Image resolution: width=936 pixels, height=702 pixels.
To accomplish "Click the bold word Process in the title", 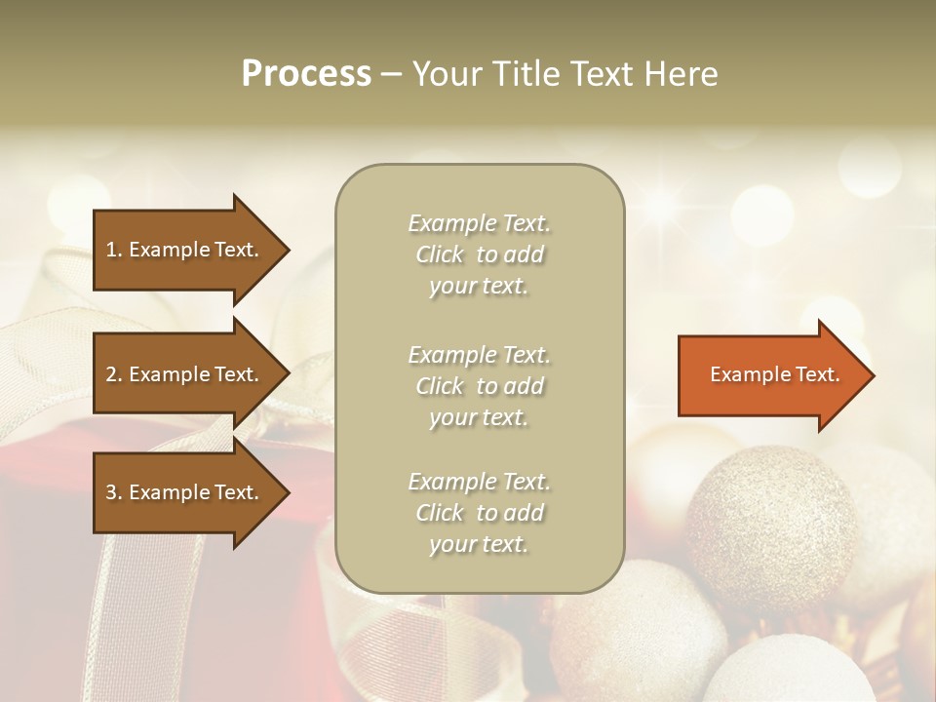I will click(306, 74).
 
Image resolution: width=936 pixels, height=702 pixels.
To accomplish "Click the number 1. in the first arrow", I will click(114, 250).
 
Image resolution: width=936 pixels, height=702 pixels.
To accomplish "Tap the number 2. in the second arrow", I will click(114, 374).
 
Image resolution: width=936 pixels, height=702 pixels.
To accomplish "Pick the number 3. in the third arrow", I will click(114, 492).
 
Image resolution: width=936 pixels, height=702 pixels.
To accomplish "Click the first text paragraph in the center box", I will click(479, 254).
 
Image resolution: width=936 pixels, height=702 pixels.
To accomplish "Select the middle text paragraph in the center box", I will click(479, 386).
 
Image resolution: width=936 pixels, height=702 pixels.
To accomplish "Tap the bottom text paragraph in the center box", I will click(479, 513).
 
